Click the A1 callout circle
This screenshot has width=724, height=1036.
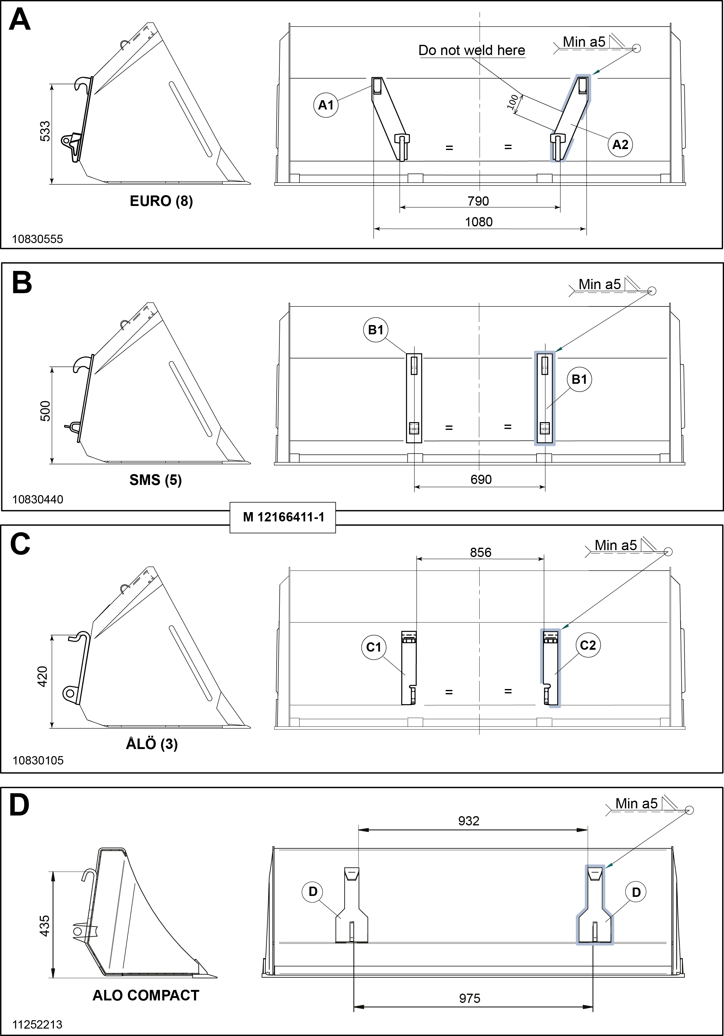[325, 105]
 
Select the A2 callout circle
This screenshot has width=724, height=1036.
[620, 144]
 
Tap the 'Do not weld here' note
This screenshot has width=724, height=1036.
[472, 50]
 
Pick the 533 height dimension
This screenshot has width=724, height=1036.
[45, 131]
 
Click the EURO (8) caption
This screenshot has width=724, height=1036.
[161, 201]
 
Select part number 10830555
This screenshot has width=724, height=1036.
[37, 239]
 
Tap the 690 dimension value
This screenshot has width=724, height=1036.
[481, 479]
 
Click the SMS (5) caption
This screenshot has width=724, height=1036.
[155, 480]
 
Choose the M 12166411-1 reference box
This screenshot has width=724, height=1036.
[283, 517]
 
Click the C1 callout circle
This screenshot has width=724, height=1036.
[374, 647]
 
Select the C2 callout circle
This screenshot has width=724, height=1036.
[588, 645]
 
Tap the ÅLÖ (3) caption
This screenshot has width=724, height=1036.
[152, 744]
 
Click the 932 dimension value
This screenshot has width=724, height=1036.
[468, 821]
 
